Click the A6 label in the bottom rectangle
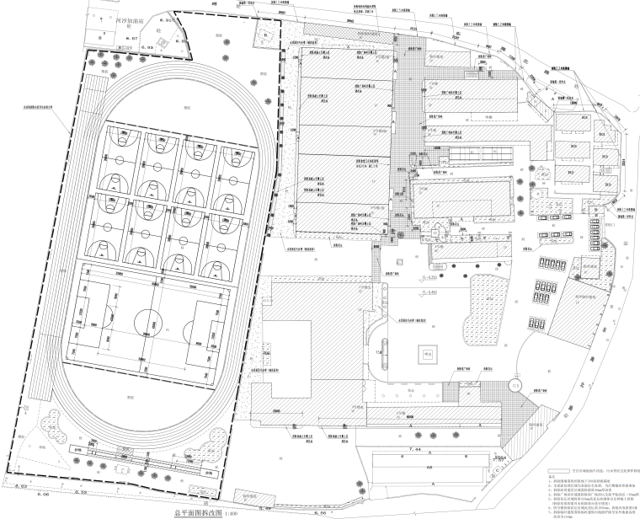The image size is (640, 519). point(428,465)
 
